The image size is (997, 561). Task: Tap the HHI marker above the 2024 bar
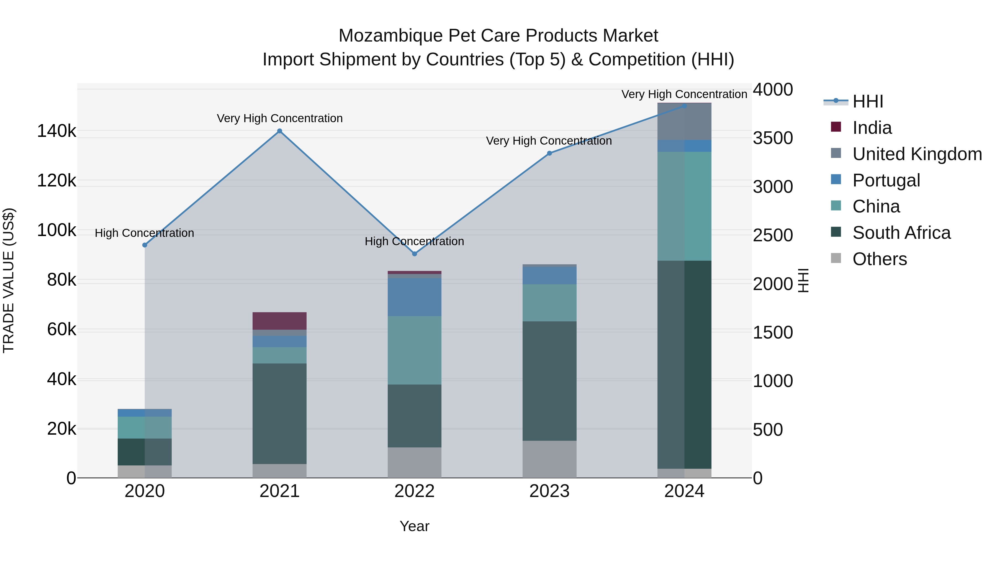[684, 106]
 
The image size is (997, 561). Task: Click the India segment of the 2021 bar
[279, 321]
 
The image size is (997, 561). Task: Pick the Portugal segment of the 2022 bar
[415, 297]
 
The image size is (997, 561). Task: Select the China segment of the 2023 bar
[549, 303]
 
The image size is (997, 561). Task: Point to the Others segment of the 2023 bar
[549, 459]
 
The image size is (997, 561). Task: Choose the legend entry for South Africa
[901, 233]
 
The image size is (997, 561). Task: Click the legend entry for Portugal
[886, 180]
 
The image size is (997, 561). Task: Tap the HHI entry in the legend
[868, 101]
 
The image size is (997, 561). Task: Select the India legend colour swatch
[836, 127]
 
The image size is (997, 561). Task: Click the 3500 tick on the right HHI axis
[772, 138]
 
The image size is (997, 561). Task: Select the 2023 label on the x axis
[549, 491]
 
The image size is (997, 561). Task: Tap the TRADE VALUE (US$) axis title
[9, 280]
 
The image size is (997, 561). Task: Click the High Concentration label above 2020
[144, 233]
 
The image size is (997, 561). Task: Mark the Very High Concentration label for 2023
[549, 141]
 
